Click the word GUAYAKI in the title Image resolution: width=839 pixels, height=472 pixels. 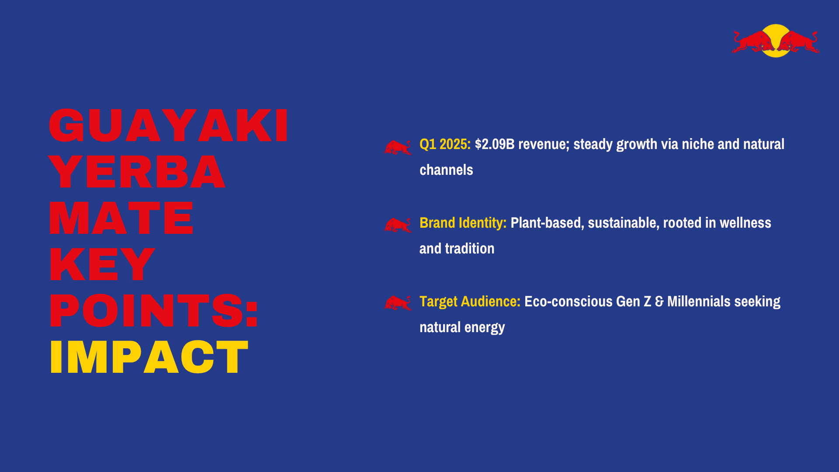168,126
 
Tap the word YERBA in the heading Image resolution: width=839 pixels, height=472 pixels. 137,172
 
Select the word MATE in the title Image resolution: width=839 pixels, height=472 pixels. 121,219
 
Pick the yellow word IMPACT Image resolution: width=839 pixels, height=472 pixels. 149,357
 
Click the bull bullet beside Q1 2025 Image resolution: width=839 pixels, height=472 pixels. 398,148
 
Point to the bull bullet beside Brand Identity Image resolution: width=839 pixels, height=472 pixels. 398,225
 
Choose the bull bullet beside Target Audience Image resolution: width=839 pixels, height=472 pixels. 398,303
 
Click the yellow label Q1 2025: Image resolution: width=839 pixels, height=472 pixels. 445,144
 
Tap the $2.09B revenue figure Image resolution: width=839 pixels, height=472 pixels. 495,144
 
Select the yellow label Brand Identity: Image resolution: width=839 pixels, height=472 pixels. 463,223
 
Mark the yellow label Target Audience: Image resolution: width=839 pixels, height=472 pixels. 470,302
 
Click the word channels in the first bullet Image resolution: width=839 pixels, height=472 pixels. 446,170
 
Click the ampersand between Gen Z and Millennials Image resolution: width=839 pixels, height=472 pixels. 659,302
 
